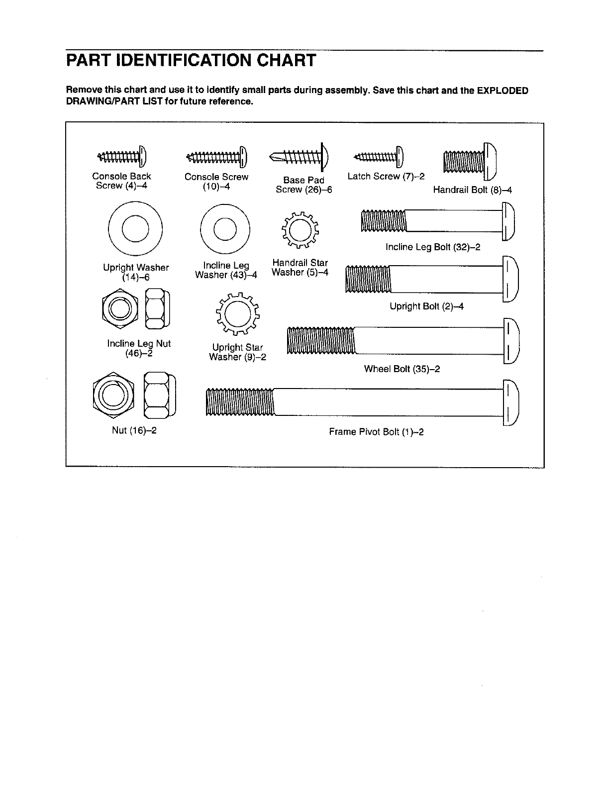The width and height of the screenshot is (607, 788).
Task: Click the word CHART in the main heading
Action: click(279, 61)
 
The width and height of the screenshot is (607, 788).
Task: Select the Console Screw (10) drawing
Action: click(216, 157)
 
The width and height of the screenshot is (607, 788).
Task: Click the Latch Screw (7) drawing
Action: click(379, 157)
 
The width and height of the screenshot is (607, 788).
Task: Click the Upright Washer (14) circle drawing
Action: click(136, 227)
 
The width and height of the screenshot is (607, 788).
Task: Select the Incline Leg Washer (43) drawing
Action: click(226, 229)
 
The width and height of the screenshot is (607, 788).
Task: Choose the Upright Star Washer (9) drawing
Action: click(237, 313)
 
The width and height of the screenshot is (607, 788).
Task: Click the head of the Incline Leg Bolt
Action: click(508, 221)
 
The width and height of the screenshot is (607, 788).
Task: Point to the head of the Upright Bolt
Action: click(511, 279)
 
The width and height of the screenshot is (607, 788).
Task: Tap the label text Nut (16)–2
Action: click(134, 430)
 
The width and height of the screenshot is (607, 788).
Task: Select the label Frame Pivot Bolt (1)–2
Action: click(376, 432)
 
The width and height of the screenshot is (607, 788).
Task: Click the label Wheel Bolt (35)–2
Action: click(402, 369)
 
